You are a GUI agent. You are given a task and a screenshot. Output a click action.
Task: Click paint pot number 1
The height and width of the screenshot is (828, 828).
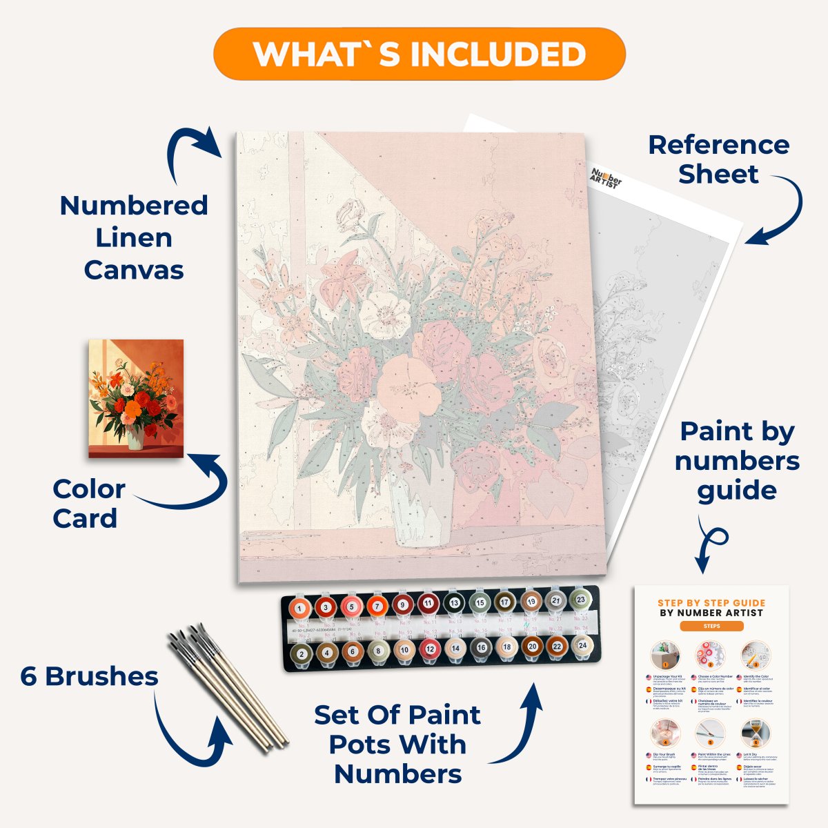[299, 609]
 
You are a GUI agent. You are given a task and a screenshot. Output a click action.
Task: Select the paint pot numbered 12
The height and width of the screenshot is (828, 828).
[430, 649]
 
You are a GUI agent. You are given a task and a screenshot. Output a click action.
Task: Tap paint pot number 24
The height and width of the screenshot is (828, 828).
[582, 646]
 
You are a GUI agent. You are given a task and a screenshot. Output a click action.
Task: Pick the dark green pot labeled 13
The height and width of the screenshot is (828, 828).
[454, 603]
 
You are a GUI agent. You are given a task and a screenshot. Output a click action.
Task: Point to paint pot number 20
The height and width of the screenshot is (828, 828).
[531, 647]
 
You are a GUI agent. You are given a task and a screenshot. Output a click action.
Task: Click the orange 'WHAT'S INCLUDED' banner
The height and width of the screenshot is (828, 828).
[420, 54]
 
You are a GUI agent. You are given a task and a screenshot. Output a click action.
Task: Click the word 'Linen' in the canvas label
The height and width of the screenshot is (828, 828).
[133, 237]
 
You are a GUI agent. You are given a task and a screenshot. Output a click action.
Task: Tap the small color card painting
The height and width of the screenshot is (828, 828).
[137, 398]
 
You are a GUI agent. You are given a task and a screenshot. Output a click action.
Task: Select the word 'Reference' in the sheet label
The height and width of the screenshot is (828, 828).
[718, 145]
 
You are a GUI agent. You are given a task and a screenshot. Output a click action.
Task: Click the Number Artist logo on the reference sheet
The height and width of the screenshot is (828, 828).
[606, 177]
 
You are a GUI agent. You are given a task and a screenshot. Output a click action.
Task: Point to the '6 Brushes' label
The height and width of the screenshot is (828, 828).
[89, 676]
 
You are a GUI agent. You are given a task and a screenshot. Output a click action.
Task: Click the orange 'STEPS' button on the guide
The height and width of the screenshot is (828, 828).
[711, 627]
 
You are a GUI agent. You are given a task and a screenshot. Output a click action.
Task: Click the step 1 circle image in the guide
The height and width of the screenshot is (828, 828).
[666, 654]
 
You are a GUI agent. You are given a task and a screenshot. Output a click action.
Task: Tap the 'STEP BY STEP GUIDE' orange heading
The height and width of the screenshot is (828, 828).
[711, 602]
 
